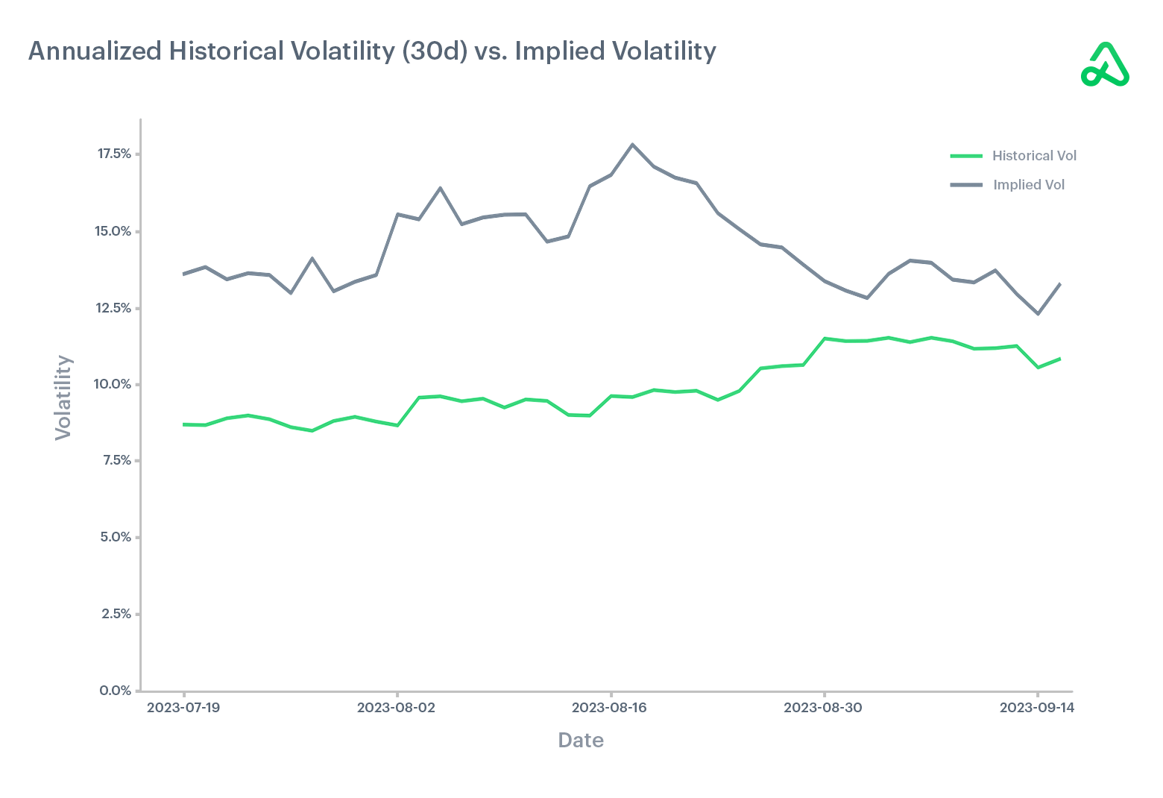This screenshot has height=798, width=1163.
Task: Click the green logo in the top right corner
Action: pos(1105,66)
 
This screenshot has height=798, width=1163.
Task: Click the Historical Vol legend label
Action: pos(1034,156)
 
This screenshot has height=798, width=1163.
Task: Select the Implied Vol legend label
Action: pos(1028,185)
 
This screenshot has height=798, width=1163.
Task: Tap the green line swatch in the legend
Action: pos(966,156)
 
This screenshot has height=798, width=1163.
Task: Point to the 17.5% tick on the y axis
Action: pos(114,154)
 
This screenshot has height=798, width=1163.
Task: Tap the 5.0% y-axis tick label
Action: pos(116,538)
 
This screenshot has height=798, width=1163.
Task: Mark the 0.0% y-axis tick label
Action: pos(116,691)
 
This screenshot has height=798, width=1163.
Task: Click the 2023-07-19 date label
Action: pos(183,708)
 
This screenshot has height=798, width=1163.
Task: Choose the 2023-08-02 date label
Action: pos(396,708)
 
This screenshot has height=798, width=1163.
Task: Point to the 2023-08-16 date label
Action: pos(610,708)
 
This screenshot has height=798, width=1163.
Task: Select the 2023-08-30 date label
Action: pos(823,708)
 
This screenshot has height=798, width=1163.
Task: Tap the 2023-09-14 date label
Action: pos(1036,708)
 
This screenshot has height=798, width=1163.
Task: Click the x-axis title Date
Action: pos(581,741)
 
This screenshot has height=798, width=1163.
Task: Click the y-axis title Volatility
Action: pos(63,397)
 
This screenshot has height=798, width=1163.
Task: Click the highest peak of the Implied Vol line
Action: pos(632,145)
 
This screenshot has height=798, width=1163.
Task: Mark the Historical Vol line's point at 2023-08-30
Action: pos(824,339)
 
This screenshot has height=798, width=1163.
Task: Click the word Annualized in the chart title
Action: pos(95,51)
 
